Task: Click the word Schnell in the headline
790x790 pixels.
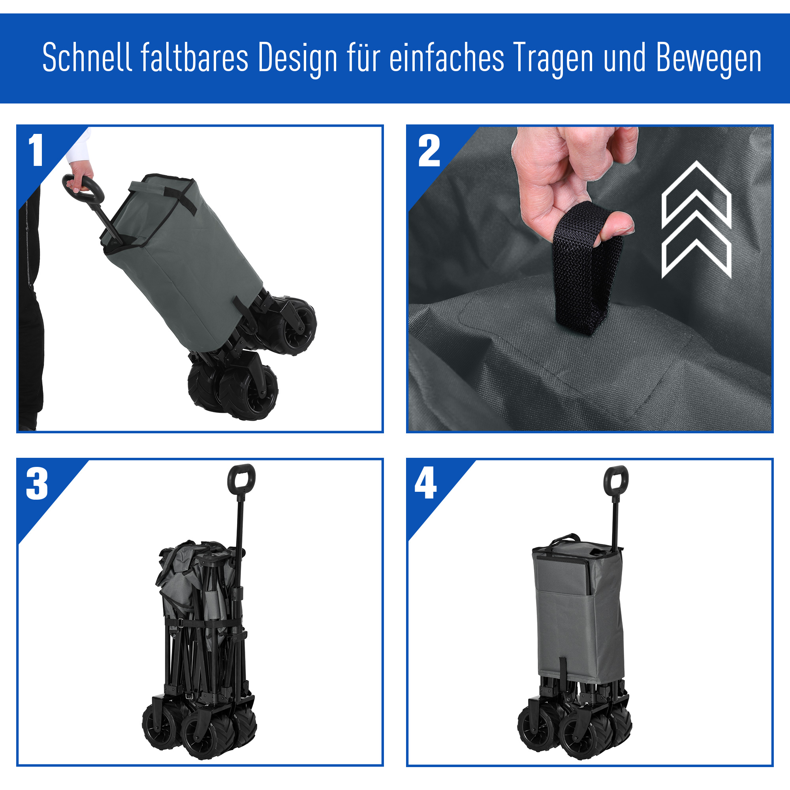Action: tap(87, 58)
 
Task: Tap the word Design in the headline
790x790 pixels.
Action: tap(298, 58)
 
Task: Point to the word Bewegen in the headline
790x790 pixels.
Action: tap(709, 58)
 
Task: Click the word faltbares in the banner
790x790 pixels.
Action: tap(195, 58)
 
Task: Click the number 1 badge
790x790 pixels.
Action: tap(36, 150)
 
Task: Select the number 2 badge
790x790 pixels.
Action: tap(429, 151)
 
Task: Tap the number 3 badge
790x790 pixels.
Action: tap(37, 484)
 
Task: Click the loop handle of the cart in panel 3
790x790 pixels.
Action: tap(241, 478)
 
